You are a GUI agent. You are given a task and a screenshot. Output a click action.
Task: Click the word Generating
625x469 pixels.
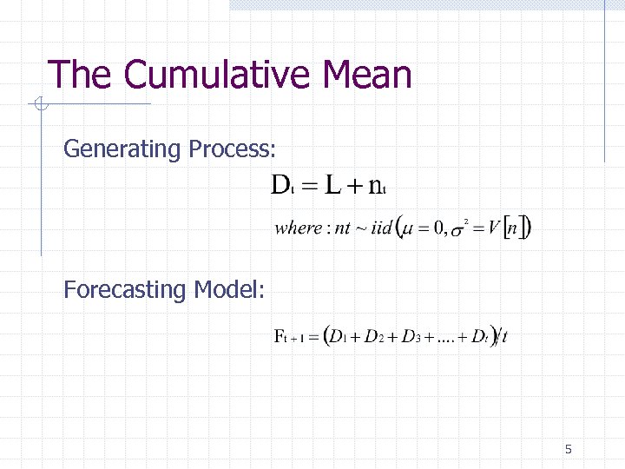121,150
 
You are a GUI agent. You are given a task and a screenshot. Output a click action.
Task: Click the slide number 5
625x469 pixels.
568,449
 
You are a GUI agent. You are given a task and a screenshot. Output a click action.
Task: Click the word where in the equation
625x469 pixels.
297,228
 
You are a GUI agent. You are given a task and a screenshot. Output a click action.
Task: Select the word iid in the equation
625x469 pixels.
382,228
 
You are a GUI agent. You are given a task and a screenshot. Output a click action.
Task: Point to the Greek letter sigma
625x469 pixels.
457,230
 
